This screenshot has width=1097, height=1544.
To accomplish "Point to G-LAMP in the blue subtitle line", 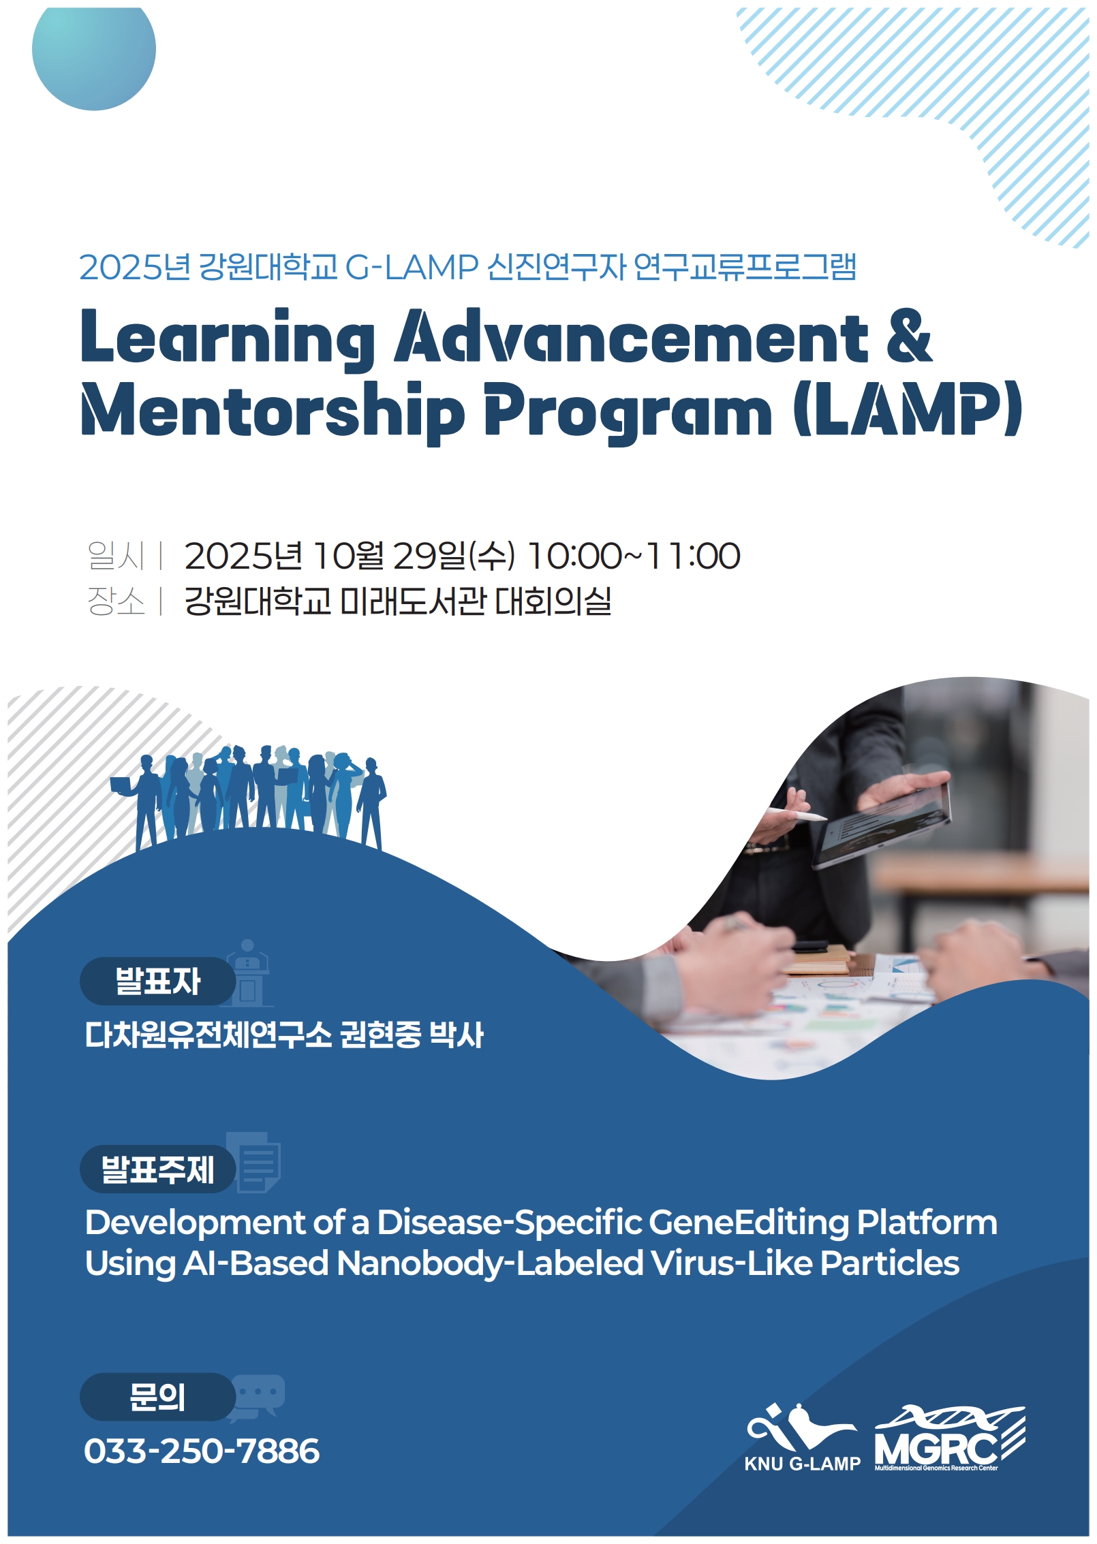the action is tap(412, 267).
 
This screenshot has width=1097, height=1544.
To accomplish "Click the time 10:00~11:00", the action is tap(634, 556).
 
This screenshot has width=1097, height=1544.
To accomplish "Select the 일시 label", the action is tap(116, 555).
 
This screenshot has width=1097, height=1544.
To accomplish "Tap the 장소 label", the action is tap(116, 601).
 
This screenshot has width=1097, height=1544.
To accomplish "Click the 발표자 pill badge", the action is tap(158, 981).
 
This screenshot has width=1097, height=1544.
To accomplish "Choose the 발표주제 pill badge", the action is tap(158, 1169).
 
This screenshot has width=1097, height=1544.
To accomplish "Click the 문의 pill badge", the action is tap(158, 1396).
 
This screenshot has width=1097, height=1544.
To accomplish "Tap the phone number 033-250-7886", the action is tap(202, 1451).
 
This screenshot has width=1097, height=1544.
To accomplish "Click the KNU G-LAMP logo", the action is tap(802, 1437).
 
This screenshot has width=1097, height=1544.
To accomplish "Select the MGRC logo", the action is tap(950, 1437).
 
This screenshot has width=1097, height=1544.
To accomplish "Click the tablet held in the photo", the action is tap(882, 824).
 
